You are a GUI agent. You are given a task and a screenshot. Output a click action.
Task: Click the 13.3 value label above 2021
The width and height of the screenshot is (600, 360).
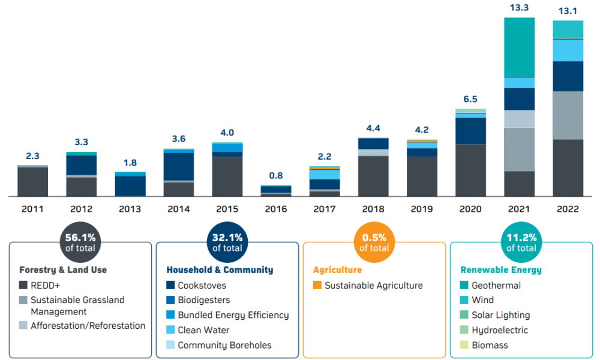coord(519,8)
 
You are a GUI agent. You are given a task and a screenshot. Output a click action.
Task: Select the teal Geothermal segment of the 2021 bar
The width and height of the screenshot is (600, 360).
coord(519,47)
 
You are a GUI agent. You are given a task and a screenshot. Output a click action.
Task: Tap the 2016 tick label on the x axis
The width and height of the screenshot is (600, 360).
coord(276,209)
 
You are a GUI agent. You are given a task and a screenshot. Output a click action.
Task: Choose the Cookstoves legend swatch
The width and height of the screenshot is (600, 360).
coord(171,286)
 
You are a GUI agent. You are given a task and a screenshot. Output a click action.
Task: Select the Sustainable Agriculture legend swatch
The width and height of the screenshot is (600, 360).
coord(317,286)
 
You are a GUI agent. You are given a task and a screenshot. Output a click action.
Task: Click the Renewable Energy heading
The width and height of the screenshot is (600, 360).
coord(500,270)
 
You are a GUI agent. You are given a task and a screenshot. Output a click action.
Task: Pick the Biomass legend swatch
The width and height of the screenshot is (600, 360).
coord(465,345)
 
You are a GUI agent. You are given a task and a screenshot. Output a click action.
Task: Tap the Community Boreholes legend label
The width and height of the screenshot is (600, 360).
coord(224,345)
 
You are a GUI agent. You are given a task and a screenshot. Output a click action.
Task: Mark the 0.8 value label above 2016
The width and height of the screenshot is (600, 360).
coord(276,176)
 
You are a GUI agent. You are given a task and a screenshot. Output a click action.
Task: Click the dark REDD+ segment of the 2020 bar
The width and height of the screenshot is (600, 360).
coord(470,170)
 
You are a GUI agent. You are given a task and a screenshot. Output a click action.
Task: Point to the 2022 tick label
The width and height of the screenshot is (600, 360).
coord(568,209)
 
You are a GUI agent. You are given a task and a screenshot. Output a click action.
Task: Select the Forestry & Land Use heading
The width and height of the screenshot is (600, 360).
coord(63,270)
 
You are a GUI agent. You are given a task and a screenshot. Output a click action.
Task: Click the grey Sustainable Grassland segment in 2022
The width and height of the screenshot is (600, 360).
coord(568,115)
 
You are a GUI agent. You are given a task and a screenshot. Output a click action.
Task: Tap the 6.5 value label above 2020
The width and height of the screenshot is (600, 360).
coord(470,99)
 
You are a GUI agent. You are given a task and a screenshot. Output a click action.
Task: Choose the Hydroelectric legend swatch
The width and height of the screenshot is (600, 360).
coord(465,330)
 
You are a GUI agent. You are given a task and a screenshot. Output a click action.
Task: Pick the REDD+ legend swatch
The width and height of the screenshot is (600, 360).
coord(24,286)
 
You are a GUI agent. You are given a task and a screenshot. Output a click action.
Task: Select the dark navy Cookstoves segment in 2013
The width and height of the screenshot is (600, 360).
coord(130,185)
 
